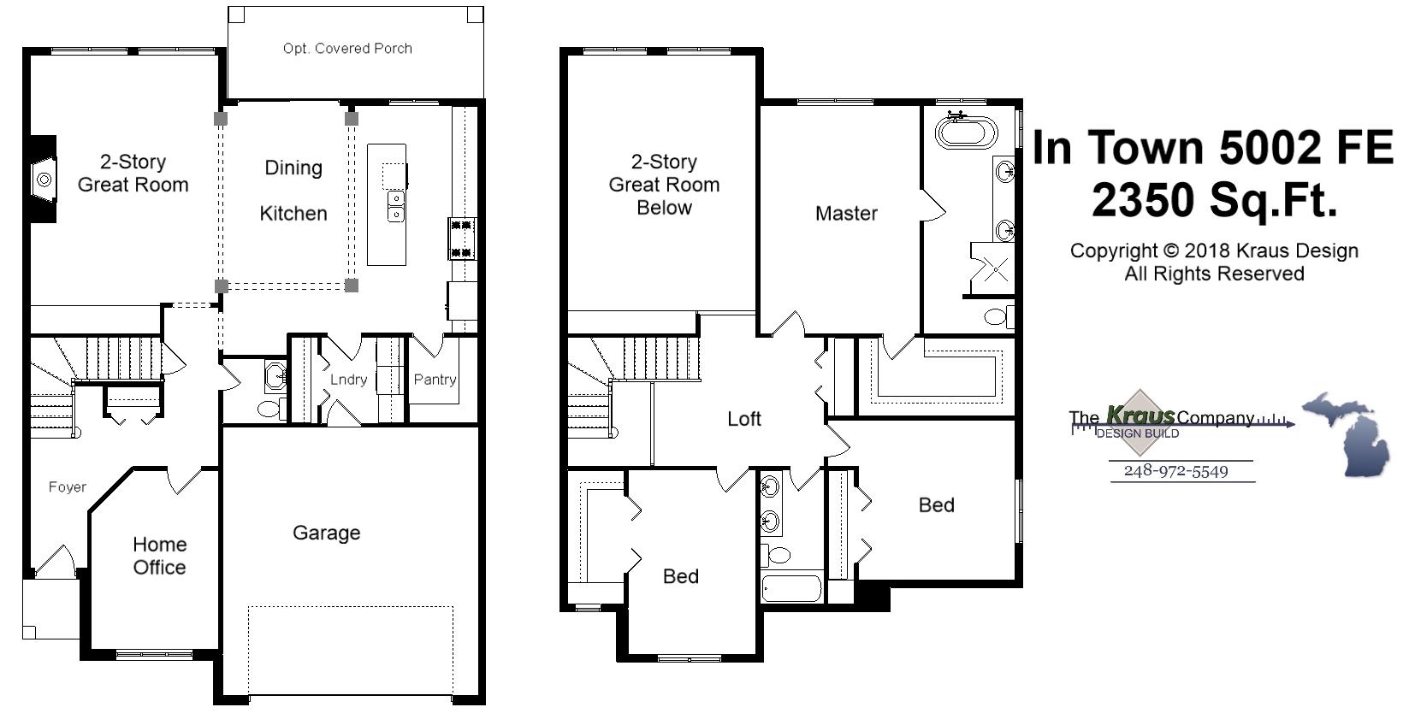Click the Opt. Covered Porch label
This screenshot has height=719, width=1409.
coord(347,49)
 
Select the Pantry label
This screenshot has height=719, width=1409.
coord(435,379)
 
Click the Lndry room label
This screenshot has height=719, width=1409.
coord(348,379)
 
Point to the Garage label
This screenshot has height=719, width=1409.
coord(326,533)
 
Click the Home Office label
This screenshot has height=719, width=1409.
coord(159,556)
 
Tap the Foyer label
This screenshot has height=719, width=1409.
coord(67,486)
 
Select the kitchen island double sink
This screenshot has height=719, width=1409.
coord(395,207)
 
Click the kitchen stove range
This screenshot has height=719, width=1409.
coord(461,239)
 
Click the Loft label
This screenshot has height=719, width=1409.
coord(743,418)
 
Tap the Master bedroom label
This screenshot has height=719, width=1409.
coord(845,213)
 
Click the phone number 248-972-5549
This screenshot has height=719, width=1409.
coord(1175,471)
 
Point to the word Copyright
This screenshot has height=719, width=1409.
coord(1113,250)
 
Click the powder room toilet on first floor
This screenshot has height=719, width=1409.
coord(269,410)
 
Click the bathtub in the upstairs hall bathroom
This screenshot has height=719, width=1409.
coord(791,589)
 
